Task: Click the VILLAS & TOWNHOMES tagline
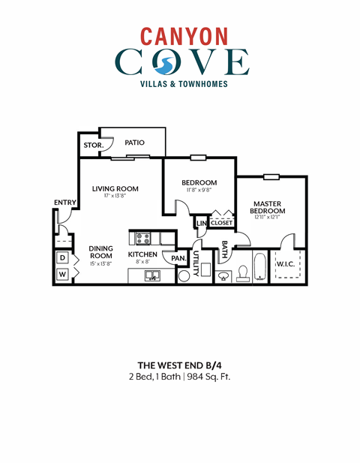pos(179,84)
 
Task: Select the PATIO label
pos(135,143)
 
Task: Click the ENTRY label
pos(64,203)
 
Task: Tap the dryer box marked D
pos(63,257)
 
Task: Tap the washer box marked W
pos(63,275)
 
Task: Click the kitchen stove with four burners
pos(143,239)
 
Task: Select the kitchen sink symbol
pos(152,276)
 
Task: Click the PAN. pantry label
pos(178,258)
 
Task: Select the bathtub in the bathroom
pos(260,269)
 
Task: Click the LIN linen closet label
pos(201,223)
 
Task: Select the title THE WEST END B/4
pos(179,363)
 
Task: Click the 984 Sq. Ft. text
pos(208,376)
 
